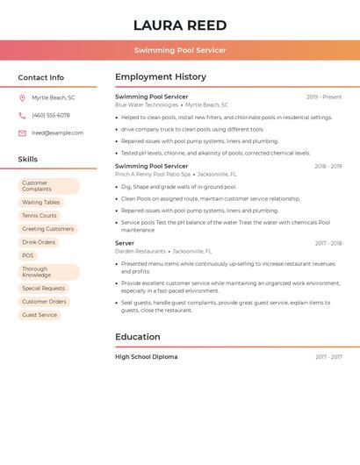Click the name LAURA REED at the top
pyautogui.click(x=180, y=25)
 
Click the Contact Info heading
pyautogui.click(x=40, y=77)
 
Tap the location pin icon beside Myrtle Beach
pyautogui.click(x=22, y=98)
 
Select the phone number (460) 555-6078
pyautogui.click(x=51, y=115)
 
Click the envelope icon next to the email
pyautogui.click(x=22, y=133)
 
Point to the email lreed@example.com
pyautogui.click(x=57, y=133)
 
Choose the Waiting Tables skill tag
pyautogui.click(x=41, y=203)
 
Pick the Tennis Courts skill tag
pyautogui.click(x=40, y=216)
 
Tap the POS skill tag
pyautogui.click(x=28, y=255)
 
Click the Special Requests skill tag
pyautogui.click(x=43, y=288)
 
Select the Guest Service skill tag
pyautogui.click(x=40, y=314)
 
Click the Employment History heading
pyautogui.click(x=161, y=77)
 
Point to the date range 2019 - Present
pyautogui.click(x=324, y=97)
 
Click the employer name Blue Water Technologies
pyautogui.click(x=147, y=105)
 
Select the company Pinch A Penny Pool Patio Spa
pyautogui.click(x=153, y=175)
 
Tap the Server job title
pyautogui.click(x=125, y=242)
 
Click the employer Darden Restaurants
pyautogui.click(x=140, y=251)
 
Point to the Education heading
pyautogui.click(x=138, y=337)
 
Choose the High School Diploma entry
pyautogui.click(x=146, y=357)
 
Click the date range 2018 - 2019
pyautogui.click(x=328, y=166)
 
